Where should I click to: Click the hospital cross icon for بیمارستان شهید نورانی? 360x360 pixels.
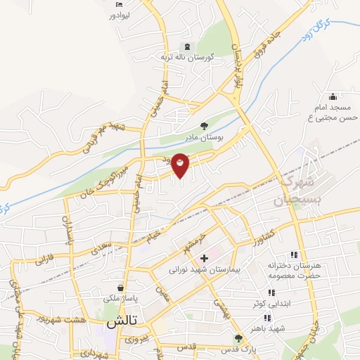point(204,258)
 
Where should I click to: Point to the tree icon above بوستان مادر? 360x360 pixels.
point(203,127)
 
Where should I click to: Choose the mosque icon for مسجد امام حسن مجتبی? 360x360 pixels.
point(333,96)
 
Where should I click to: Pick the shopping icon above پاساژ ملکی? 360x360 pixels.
point(122,287)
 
